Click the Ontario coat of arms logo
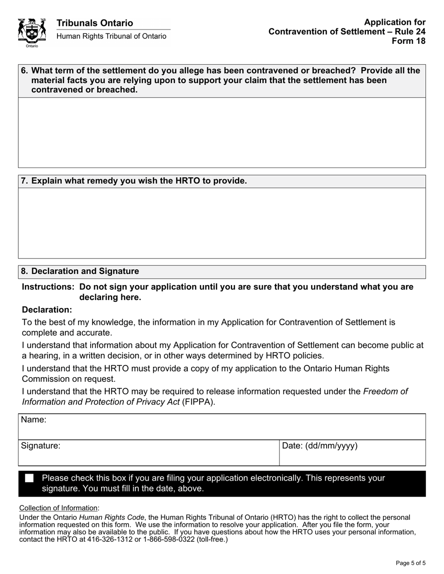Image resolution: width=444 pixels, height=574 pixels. (x=32, y=32)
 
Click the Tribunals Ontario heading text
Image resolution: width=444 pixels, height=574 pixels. (x=94, y=23)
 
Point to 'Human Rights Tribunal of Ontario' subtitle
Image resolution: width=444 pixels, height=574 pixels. (x=111, y=36)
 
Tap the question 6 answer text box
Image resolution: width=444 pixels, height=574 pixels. (x=222, y=133)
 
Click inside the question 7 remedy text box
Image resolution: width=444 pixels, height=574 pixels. (x=222, y=223)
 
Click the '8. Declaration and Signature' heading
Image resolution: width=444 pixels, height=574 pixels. (x=80, y=272)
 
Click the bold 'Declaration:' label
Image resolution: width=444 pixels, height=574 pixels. (x=47, y=310)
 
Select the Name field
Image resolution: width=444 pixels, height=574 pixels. (x=222, y=427)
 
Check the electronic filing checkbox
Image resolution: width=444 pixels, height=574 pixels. (x=29, y=478)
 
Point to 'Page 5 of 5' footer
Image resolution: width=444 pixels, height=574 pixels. (x=410, y=563)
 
